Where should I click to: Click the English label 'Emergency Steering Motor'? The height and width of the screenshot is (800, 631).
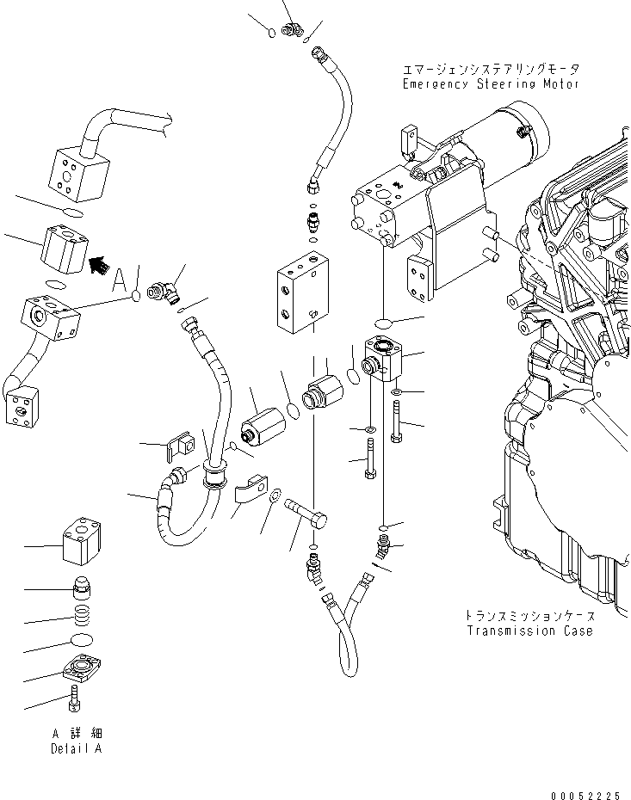coord(491,84)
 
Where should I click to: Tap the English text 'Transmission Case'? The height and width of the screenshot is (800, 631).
coord(529,631)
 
